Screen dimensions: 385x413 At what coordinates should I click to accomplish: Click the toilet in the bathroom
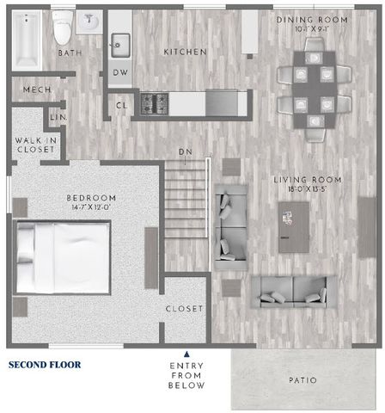(x=62, y=28)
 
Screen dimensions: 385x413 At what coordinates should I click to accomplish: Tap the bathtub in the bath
(x=27, y=40)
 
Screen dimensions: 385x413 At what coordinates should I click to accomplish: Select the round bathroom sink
(x=89, y=22)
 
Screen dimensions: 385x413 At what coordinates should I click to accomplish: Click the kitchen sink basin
(x=120, y=46)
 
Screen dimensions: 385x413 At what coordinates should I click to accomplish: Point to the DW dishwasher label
(x=120, y=72)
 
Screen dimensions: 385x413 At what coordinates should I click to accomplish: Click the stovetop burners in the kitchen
(x=155, y=102)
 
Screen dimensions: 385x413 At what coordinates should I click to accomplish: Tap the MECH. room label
(x=37, y=89)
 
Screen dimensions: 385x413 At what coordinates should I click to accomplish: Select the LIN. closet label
(x=58, y=117)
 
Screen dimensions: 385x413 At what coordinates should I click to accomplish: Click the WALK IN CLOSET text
(x=36, y=145)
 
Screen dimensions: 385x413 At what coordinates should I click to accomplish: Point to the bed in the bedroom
(x=63, y=257)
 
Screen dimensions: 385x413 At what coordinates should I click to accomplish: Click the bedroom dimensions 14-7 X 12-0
(x=91, y=207)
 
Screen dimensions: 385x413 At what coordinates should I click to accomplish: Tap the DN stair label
(x=186, y=151)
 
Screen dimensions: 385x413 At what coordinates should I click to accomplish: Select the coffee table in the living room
(x=294, y=227)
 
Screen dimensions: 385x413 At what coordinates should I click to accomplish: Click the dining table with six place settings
(x=315, y=89)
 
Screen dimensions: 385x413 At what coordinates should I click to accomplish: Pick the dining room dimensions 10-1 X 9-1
(x=312, y=29)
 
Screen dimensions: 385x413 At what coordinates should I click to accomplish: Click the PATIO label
(x=302, y=380)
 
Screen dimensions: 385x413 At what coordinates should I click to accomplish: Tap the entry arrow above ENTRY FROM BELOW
(x=186, y=354)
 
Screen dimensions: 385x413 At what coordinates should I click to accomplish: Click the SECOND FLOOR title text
(x=45, y=365)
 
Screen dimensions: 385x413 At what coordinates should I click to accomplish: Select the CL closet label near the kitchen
(x=121, y=106)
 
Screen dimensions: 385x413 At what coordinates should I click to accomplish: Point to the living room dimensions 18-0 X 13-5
(x=308, y=189)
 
